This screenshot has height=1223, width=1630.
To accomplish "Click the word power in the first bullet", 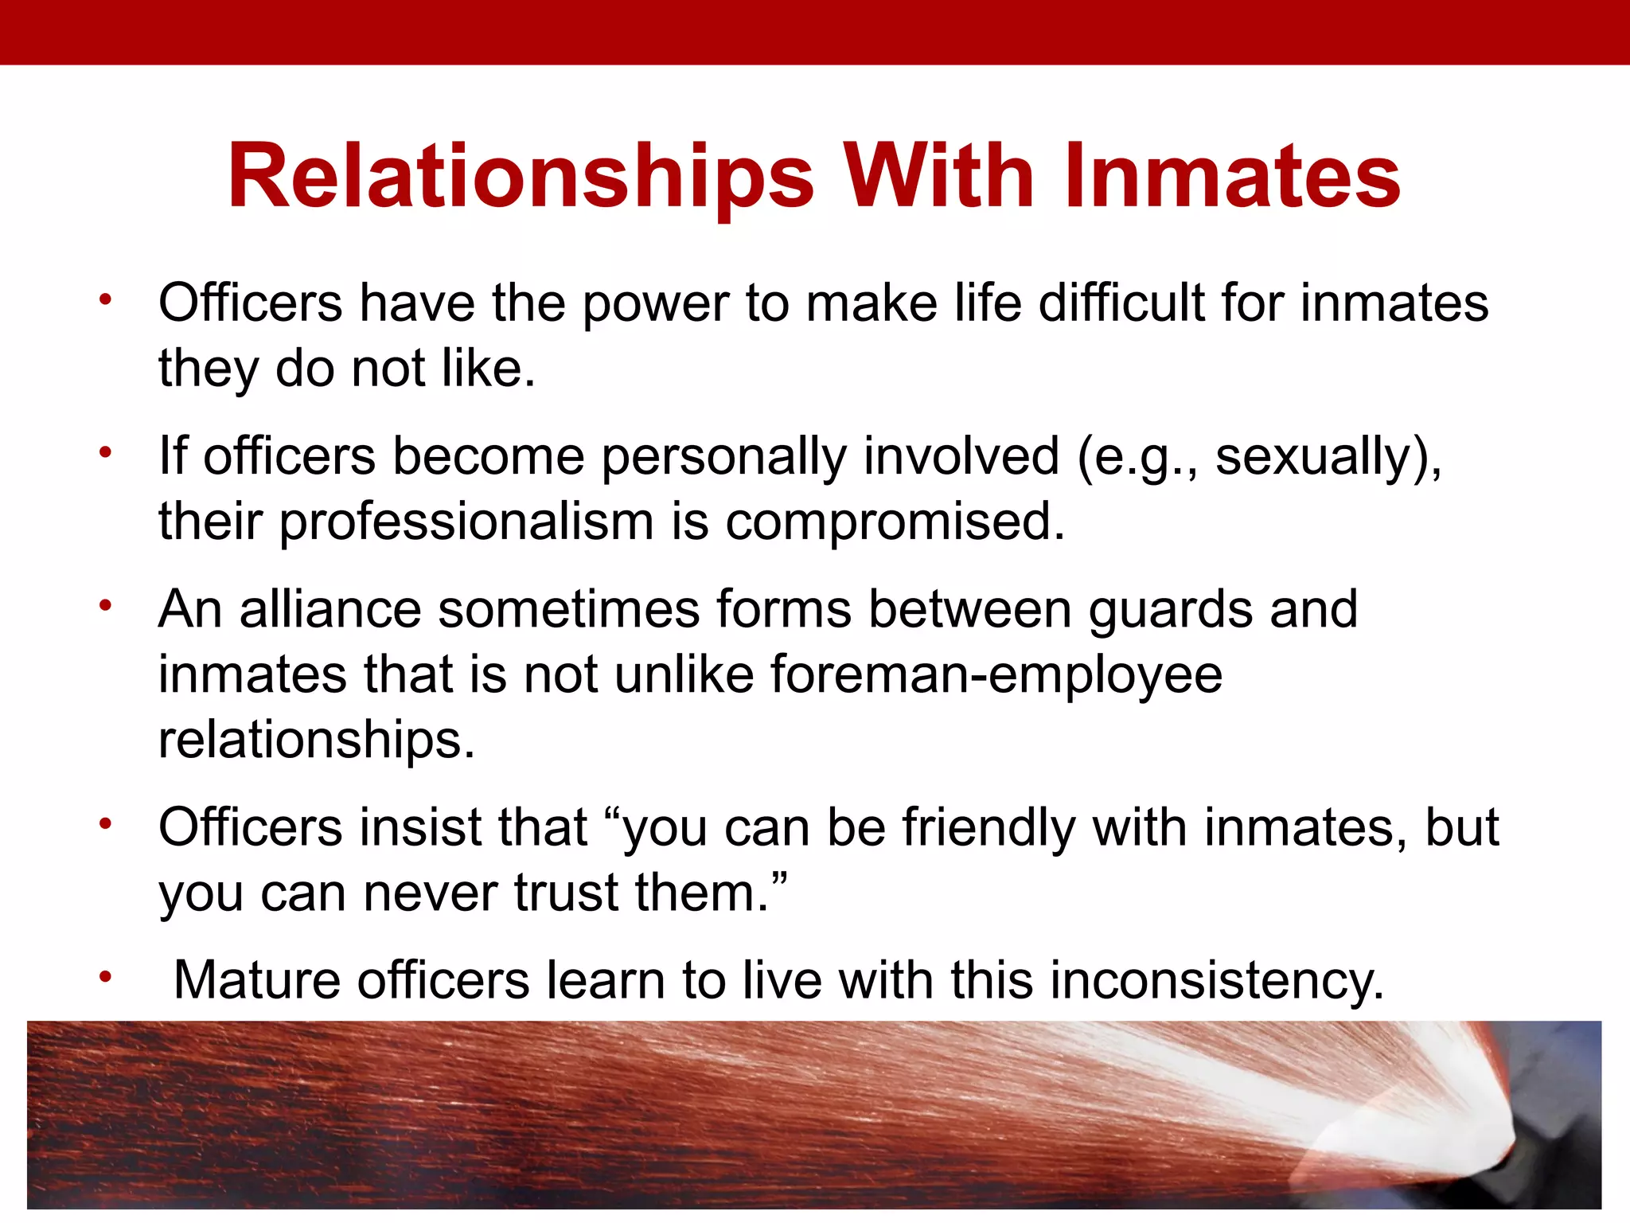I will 656,305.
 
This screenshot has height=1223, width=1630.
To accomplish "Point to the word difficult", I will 1122,303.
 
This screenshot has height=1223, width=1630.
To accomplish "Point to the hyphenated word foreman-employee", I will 996,675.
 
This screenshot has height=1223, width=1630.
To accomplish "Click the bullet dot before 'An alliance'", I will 104,606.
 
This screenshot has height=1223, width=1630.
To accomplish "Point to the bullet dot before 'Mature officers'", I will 104,977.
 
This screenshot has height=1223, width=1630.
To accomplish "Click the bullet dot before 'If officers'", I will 104,453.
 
